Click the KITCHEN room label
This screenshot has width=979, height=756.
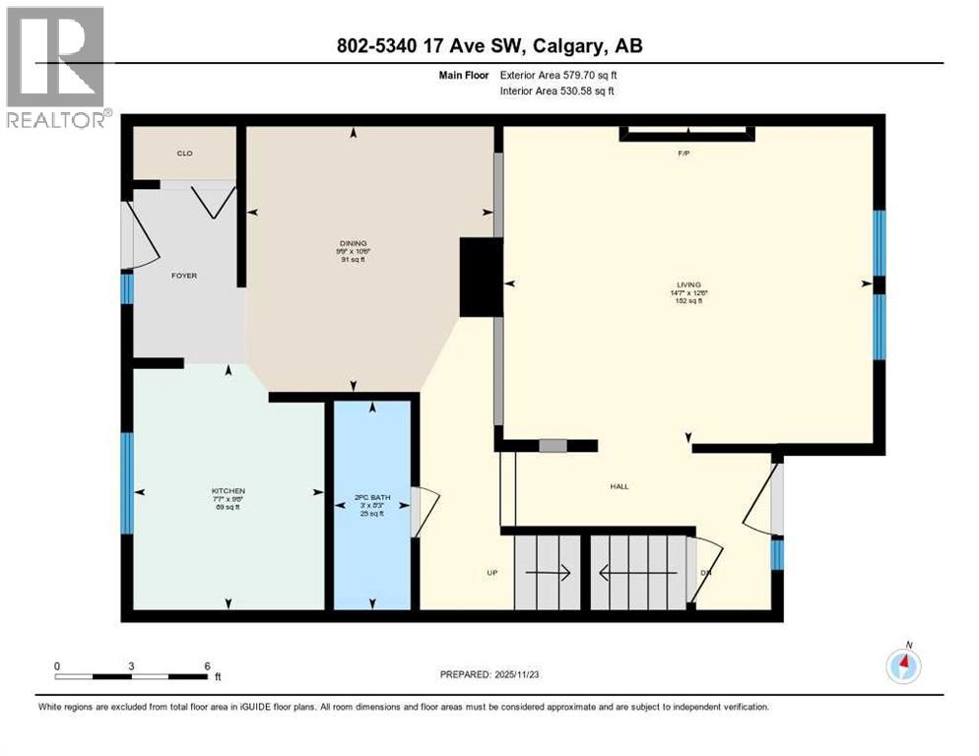pyautogui.click(x=228, y=491)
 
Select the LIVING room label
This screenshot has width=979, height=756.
pyautogui.click(x=687, y=284)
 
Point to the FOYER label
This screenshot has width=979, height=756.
pyautogui.click(x=184, y=276)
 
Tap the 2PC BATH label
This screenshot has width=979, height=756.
pyautogui.click(x=372, y=498)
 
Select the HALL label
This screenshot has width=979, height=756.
pyautogui.click(x=619, y=486)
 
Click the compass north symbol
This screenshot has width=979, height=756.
pyautogui.click(x=903, y=666)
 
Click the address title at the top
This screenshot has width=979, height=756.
pyautogui.click(x=489, y=46)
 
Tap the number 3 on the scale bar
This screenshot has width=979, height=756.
pyautogui.click(x=131, y=665)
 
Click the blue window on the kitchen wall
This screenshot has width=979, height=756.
pyautogui.click(x=126, y=483)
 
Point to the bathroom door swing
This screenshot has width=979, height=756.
pyautogui.click(x=422, y=513)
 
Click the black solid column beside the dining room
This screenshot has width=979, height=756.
pyautogui.click(x=482, y=279)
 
